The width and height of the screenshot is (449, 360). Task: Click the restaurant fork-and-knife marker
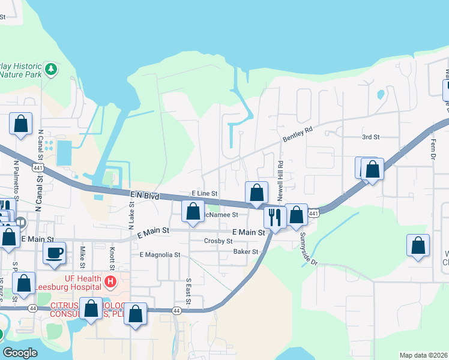click(274, 217)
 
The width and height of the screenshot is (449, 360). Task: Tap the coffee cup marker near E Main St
click(55, 253)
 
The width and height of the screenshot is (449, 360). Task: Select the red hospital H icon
click(110, 281)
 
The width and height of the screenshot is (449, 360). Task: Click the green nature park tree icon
click(52, 69)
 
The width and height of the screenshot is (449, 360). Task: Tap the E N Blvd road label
click(144, 196)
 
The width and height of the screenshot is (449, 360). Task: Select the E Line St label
click(204, 193)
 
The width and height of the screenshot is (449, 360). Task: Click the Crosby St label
click(218, 241)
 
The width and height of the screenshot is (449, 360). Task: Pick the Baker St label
click(246, 252)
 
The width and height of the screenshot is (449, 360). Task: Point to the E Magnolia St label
click(160, 255)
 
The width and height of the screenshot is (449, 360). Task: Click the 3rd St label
click(371, 137)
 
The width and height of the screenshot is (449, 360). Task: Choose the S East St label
click(188, 291)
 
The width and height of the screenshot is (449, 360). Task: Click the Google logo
click(20, 353)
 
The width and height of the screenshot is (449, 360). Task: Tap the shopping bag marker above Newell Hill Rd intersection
click(256, 193)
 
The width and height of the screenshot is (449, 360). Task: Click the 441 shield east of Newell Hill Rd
click(313, 213)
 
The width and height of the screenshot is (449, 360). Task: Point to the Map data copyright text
click(423, 355)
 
